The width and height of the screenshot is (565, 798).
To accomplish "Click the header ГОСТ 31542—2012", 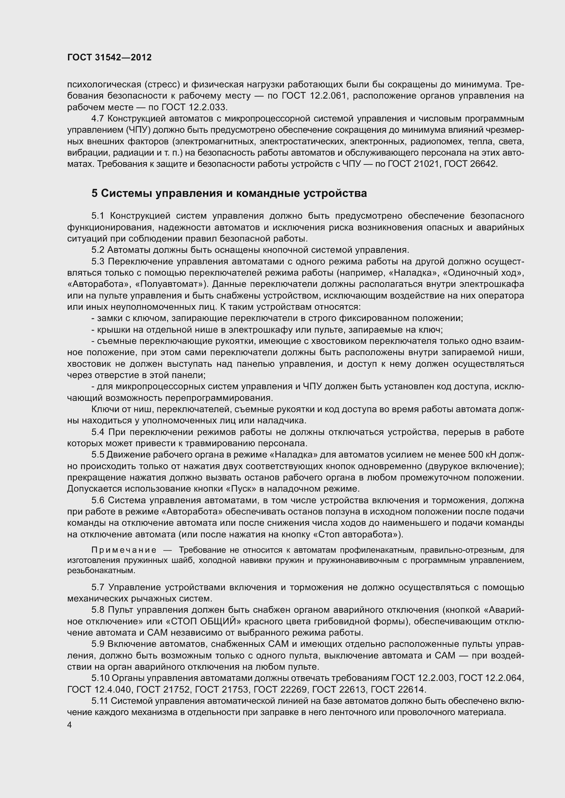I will pos(109,58).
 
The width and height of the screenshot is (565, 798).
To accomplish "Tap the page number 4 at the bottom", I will pos(70,725).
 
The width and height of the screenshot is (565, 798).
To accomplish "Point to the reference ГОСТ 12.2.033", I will pos(193,107).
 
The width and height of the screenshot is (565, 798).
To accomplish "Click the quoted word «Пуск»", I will pos(241,489).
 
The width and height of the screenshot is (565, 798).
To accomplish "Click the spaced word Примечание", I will pos(124,550).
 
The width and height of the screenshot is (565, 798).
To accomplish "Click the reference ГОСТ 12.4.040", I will pos(99,690).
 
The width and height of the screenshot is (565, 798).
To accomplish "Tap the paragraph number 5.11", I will pos(99,701).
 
